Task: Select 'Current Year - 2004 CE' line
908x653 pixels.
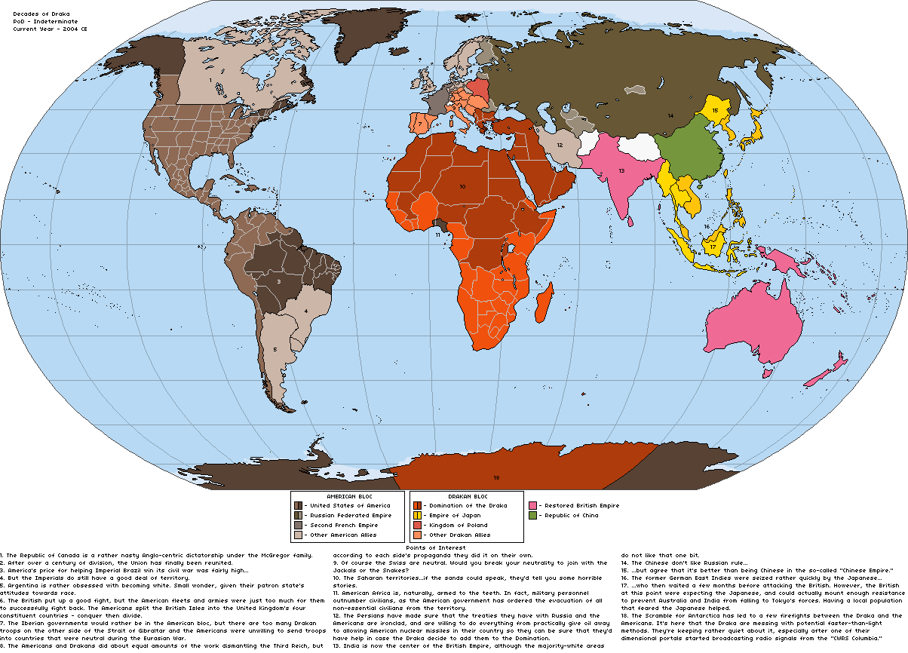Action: tap(45, 28)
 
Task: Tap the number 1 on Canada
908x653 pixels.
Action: tap(210, 79)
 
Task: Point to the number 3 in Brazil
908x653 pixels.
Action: tap(279, 281)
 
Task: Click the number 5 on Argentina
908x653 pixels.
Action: tap(275, 349)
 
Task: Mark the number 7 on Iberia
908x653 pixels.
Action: tap(419, 124)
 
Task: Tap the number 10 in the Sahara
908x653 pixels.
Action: tap(462, 185)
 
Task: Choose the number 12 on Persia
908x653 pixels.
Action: tap(560, 145)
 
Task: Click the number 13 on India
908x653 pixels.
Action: tap(621, 171)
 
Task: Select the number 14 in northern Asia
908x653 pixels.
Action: tap(670, 115)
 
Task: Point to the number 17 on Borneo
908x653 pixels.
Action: tap(713, 247)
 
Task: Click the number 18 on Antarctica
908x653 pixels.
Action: tap(496, 477)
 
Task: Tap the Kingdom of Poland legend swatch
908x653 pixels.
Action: tap(417, 525)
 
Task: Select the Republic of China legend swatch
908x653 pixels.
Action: tap(532, 515)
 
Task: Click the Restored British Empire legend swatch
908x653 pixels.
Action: tap(532, 505)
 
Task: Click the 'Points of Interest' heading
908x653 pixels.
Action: tap(436, 547)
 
